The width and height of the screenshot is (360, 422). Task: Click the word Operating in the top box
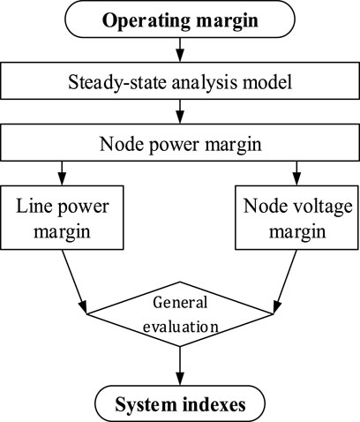(146, 21)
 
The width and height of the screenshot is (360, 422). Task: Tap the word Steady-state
(116, 82)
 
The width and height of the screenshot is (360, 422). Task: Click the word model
(267, 81)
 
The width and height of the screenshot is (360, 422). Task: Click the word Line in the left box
(34, 206)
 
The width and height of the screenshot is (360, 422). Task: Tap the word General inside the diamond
(180, 302)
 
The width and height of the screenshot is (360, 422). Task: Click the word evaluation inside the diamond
(181, 327)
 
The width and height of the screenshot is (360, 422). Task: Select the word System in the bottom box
(146, 404)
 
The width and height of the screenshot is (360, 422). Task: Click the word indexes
(214, 404)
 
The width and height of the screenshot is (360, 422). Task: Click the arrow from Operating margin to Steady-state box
(180, 49)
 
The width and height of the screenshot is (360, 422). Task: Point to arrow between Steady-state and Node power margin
(180, 111)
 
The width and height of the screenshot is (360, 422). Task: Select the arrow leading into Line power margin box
(62, 173)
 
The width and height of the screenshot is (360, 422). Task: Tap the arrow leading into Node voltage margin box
(296, 173)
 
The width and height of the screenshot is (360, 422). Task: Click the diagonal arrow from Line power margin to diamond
(74, 282)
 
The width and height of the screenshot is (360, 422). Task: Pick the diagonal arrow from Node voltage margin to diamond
(285, 282)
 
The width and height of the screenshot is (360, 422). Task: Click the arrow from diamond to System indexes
(180, 365)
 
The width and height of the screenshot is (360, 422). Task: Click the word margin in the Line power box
(62, 232)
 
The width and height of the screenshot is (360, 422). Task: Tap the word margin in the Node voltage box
(297, 232)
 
